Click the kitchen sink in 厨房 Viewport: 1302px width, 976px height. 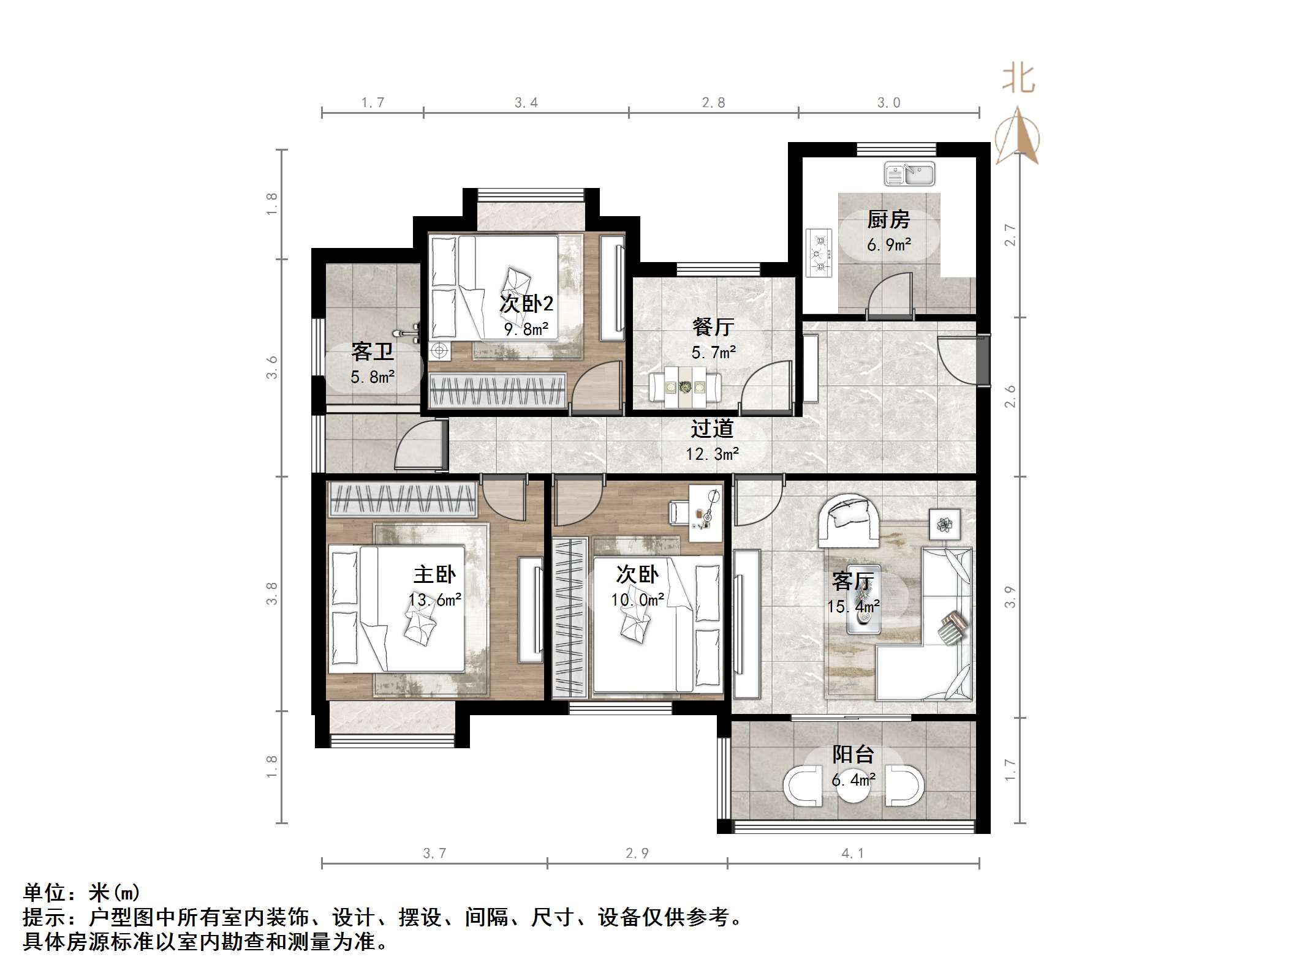click(909, 174)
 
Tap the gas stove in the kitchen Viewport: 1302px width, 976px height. click(819, 252)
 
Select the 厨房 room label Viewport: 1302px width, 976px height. click(888, 219)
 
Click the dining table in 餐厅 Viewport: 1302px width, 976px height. click(685, 387)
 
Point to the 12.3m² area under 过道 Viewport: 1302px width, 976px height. click(712, 454)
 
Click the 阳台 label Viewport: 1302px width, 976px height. click(853, 755)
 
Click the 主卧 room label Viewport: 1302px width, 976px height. click(434, 574)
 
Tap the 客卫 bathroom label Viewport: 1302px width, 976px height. click(372, 352)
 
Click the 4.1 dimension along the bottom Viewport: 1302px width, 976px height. click(852, 854)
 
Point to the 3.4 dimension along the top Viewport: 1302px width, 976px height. click(526, 103)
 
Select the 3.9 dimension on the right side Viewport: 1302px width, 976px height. click(1010, 597)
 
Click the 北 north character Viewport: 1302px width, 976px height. click(1018, 79)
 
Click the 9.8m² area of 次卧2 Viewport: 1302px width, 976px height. click(526, 329)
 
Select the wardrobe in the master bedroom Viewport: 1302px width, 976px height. click(403, 498)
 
